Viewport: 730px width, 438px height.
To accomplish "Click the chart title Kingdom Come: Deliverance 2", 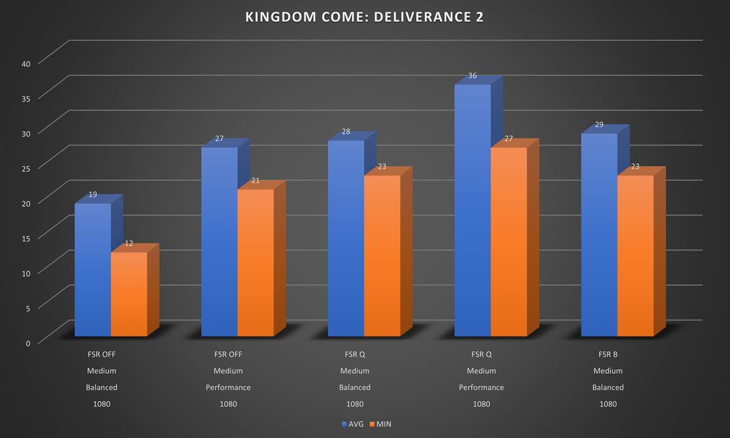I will pos(364,17).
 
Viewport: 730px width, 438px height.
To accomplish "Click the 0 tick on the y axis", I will pos(28,342).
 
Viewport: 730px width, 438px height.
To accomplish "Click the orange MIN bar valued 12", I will pos(129,294).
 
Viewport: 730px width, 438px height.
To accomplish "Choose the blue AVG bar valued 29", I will pos(599,235).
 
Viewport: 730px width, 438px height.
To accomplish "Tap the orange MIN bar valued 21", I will pos(255,263).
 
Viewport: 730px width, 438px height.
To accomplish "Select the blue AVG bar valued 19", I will pos(93,269).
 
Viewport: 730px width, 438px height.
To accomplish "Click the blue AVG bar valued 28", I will pos(346,238).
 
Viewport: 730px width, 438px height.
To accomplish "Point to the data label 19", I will pos(93,194).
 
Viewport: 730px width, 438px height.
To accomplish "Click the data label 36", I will pos(472,76).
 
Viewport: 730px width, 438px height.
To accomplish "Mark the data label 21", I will pos(255,181).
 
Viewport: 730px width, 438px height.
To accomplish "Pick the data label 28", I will pos(346,132).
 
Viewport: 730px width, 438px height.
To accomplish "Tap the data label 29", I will pos(599,125).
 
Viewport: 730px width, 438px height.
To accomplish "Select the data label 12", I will pos(129,244).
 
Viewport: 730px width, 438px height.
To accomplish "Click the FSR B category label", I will pos(607,355).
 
